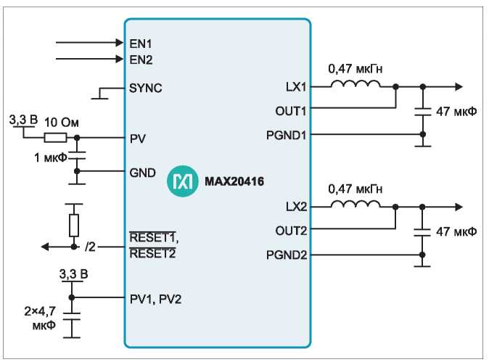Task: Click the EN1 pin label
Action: (141, 44)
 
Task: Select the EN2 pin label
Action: (141, 59)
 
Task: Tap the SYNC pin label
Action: (146, 89)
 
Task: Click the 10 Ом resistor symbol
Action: (56, 138)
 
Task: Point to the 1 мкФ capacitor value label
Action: (51, 157)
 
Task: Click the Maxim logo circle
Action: (182, 181)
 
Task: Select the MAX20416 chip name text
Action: (234, 181)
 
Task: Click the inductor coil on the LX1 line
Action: (356, 83)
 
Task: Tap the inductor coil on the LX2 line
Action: (356, 204)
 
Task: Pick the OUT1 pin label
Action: (291, 111)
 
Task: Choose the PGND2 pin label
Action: (287, 255)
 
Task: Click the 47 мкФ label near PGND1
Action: (456, 111)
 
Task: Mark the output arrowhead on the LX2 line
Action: (459, 207)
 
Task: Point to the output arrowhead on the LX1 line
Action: (459, 86)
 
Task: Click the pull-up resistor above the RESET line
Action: (74, 225)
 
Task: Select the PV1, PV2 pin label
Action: (155, 300)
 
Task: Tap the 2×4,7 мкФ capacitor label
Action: (41, 318)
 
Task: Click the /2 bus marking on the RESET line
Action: (90, 247)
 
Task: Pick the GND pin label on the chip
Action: (142, 173)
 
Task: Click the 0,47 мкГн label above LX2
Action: (356, 189)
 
